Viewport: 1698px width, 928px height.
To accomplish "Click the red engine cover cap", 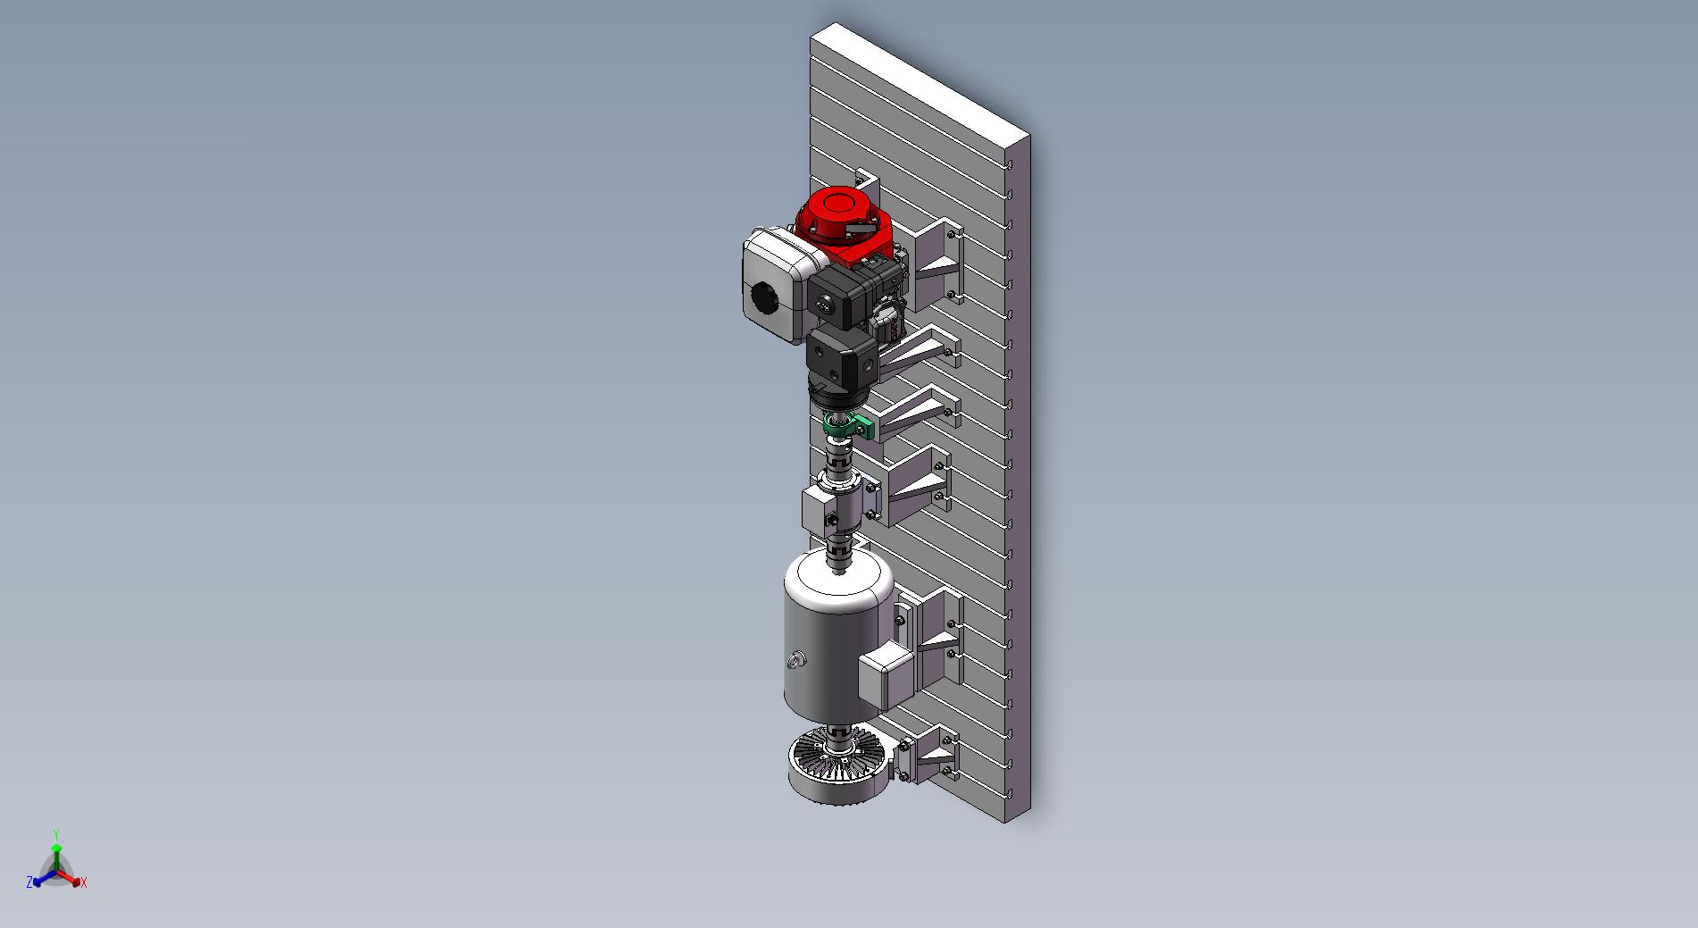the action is (837, 205).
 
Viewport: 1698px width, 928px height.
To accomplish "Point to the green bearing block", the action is (844, 426).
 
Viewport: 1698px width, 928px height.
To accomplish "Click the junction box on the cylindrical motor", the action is (885, 675).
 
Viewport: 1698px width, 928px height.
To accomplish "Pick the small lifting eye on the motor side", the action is (796, 661).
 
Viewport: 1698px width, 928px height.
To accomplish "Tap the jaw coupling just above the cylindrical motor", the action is (838, 549).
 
